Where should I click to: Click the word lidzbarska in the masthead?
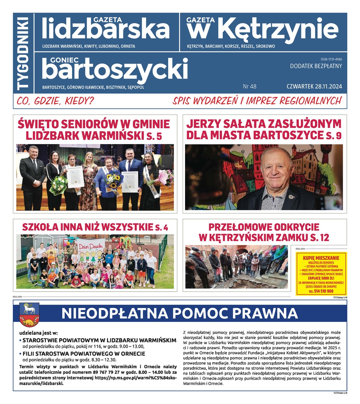point(106,30)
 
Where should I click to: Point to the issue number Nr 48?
point(250,87)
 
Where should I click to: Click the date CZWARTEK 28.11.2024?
point(314,87)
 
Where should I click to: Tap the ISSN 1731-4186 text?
point(331,59)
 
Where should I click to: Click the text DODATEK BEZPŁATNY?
point(316,66)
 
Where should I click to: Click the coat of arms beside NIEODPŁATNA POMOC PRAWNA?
point(29,314)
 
